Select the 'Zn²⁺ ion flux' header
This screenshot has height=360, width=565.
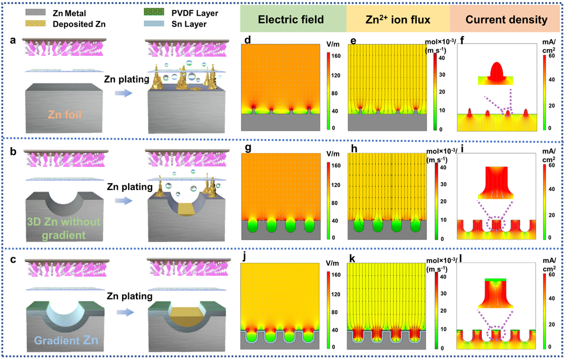point(398,20)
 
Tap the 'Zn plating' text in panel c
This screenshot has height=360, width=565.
point(130,297)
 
